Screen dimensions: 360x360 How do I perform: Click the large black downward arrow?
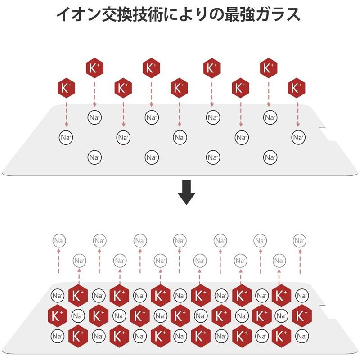186,193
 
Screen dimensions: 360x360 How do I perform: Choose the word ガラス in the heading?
278,14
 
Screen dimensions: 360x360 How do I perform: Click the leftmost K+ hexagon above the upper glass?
66,88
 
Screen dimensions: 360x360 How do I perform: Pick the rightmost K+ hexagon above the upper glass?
297,88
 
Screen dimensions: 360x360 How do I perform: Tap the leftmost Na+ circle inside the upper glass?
66,138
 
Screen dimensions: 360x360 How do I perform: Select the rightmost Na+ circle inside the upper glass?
298,138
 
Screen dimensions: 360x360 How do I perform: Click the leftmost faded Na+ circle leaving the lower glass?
59,241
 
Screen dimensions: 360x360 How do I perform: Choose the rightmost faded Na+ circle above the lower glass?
300,241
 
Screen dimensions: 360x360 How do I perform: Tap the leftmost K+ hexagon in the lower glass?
57,316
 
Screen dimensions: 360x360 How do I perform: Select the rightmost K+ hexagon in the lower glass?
302,316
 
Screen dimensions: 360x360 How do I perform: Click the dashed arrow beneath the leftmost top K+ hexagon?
67,114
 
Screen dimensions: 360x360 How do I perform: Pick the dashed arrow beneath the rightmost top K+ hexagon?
298,114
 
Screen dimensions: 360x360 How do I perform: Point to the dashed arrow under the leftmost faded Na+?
59,261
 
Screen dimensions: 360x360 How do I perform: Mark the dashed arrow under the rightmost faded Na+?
300,261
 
